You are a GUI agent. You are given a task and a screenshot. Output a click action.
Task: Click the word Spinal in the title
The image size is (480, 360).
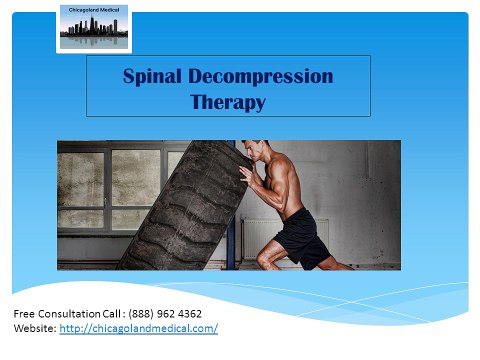click(x=149, y=76)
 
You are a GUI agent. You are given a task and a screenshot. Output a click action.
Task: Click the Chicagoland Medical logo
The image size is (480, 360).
click(x=93, y=28)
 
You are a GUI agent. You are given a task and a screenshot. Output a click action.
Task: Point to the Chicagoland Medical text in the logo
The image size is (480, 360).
click(x=93, y=11)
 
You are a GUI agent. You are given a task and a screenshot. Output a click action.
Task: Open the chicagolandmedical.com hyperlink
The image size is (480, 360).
click(x=146, y=328)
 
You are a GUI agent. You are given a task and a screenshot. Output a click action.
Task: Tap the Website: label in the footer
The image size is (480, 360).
click(x=34, y=328)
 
